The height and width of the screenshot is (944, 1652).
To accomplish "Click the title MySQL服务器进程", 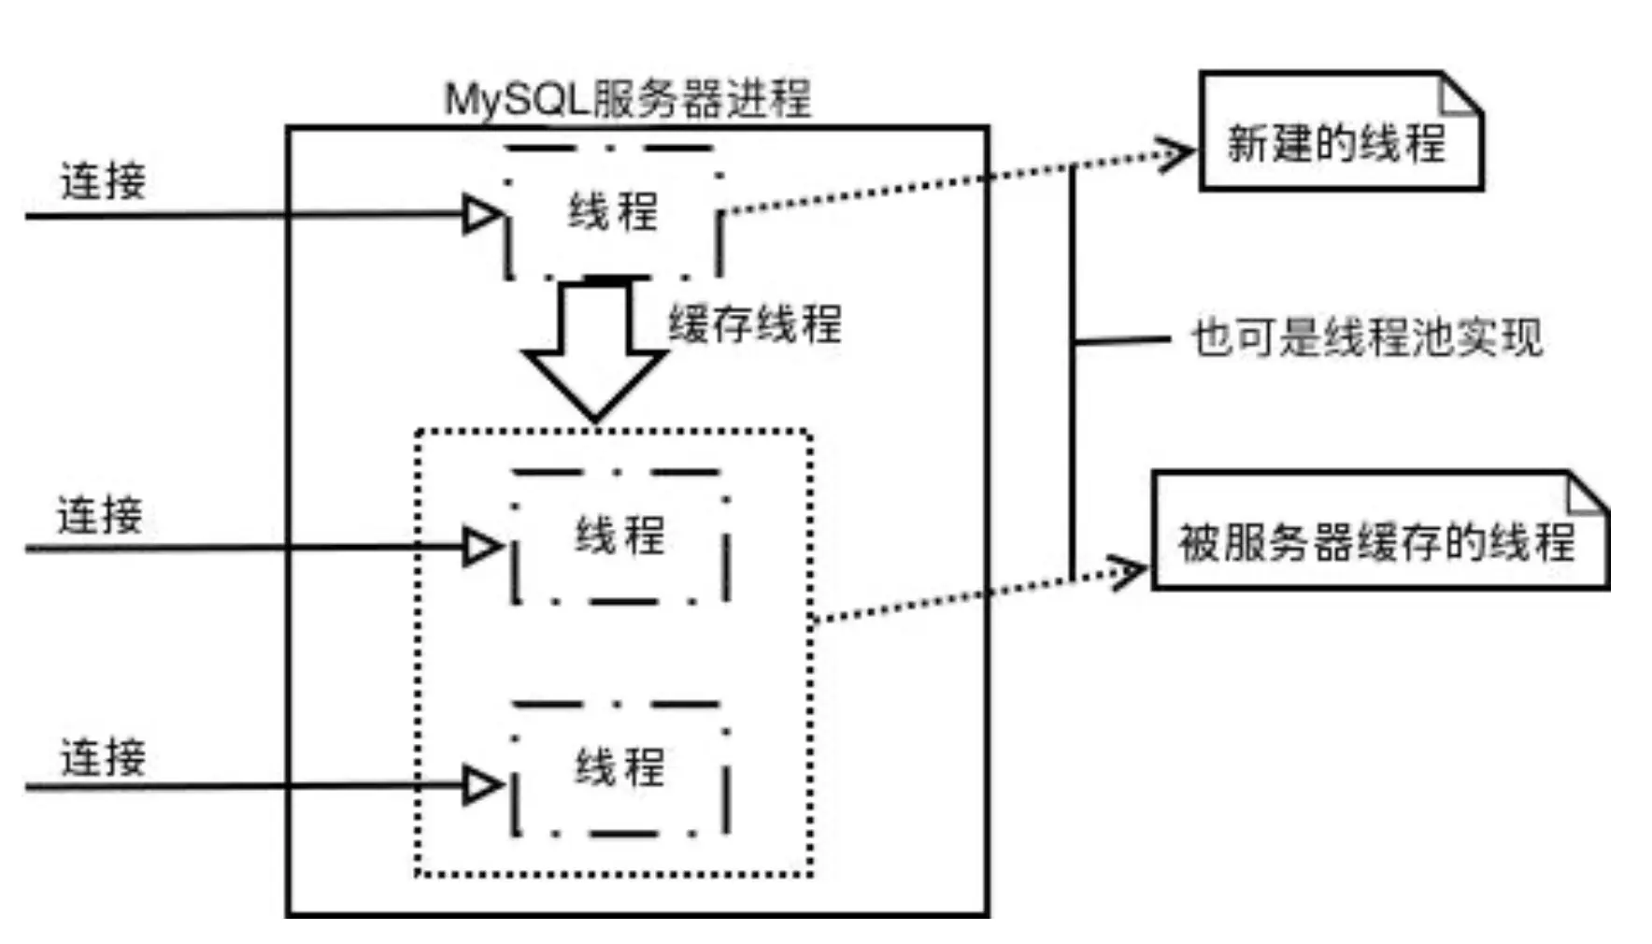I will coord(627,99).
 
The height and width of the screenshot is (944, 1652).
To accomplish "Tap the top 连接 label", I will coord(104,180).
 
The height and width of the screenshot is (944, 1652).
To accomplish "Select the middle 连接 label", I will coord(100,515).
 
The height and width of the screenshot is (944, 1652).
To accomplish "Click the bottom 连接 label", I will coord(104,757).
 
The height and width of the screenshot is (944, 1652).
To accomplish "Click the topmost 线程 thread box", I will coord(613,212).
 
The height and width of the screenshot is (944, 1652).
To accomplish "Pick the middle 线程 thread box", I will coord(619,536).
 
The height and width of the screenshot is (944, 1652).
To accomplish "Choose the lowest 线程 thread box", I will coord(619,768).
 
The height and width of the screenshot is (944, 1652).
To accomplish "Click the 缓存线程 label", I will coord(755,324).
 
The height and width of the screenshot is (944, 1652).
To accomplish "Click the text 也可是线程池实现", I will coord(1366,337).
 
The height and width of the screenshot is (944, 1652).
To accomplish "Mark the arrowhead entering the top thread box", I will coord(482,214).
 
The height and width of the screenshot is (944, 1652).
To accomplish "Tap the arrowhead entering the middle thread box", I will coord(482,547).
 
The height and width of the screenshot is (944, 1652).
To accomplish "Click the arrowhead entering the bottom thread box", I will coord(482,785).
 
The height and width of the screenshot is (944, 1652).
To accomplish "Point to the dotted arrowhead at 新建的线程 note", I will coord(1175,153).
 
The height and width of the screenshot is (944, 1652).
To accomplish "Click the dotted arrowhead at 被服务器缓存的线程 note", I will coord(1128,570).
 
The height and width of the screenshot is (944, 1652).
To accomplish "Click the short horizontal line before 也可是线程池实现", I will coord(1121,341).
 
